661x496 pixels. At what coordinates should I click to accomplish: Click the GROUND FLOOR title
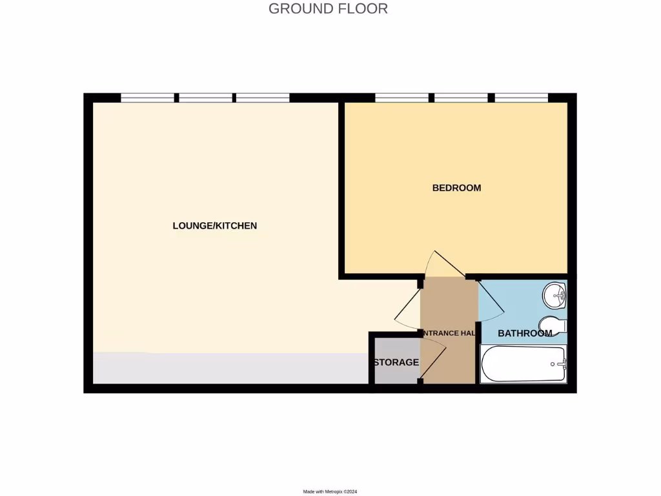coord(328,8)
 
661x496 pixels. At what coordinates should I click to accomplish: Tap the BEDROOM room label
coord(456,188)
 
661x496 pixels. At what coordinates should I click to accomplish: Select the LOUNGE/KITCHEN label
coord(215,225)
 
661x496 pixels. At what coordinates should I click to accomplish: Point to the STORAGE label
coord(396,362)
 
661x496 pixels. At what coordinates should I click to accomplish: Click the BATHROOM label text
coord(525,333)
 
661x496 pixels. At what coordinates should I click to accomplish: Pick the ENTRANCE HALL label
coord(449,333)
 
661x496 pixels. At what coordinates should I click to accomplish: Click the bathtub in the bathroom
coord(523,364)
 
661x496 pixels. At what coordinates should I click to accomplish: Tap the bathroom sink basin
coord(554,296)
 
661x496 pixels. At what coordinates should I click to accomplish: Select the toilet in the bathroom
coord(552,327)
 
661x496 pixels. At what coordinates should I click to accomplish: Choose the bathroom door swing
coord(487,300)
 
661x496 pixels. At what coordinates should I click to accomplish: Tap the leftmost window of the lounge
coord(148,98)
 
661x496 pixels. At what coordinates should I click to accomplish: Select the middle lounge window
coord(206,98)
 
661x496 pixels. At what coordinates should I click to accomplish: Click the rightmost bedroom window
coord(521,98)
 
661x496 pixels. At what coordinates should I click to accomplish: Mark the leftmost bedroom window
coord(402,98)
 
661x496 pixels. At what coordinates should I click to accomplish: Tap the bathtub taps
coord(559,364)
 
